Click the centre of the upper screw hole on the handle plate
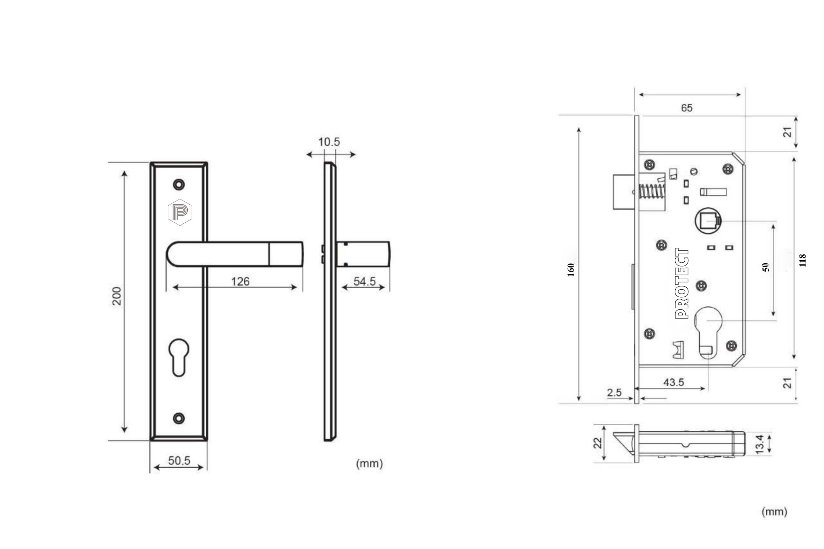(179, 184)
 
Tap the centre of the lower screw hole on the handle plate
(179, 418)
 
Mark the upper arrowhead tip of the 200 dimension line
(124, 171)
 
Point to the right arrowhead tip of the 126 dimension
(297, 287)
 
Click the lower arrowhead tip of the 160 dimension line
(579, 400)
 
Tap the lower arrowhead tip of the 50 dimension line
(773, 316)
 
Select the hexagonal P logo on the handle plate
(180, 212)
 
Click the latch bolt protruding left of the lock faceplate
(624, 192)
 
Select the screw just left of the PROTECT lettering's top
(661, 245)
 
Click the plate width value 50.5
(179, 461)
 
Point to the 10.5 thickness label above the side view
(329, 142)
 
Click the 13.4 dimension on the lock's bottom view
(759, 444)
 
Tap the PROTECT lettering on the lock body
(681, 283)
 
